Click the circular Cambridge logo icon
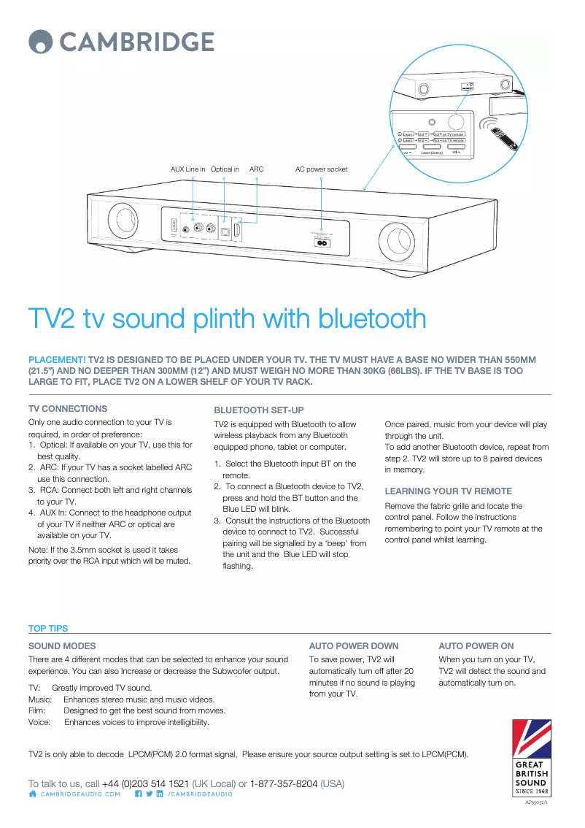tap(41, 42)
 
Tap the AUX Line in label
tap(187, 169)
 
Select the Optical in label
tap(225, 169)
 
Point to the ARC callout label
tap(257, 169)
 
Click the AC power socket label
tap(321, 169)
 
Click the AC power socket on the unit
tap(321, 243)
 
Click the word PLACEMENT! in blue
tap(57, 360)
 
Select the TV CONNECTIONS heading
tap(68, 409)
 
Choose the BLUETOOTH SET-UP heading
tap(259, 410)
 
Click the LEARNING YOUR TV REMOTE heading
tap(448, 491)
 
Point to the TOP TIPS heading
tap(48, 629)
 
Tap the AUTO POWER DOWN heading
tap(354, 646)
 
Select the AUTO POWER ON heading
tap(476, 646)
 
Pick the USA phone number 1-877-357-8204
tap(284, 783)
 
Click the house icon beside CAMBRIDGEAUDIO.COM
tap(32, 794)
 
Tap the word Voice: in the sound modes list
tap(39, 722)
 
